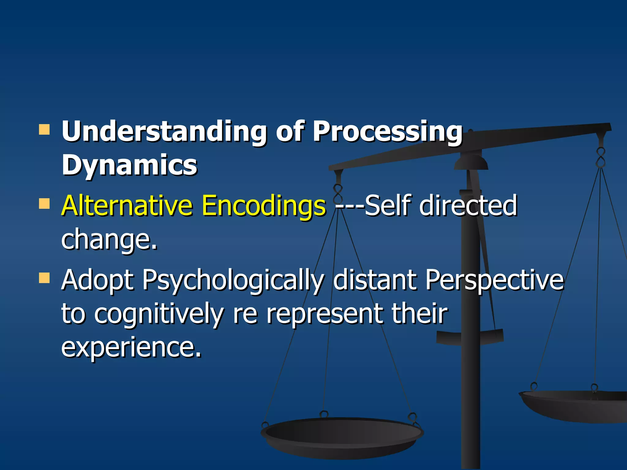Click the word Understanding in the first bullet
pyautogui.click(x=164, y=132)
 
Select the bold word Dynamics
pyautogui.click(x=130, y=165)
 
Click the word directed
pyautogui.click(x=468, y=206)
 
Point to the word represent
pyautogui.click(x=325, y=314)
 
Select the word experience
pyautogui.click(x=131, y=347)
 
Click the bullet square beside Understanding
pyautogui.click(x=44, y=130)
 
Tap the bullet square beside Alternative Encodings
pyautogui.click(x=44, y=203)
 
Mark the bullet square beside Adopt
pyautogui.click(x=44, y=278)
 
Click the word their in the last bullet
pyautogui.click(x=419, y=313)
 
